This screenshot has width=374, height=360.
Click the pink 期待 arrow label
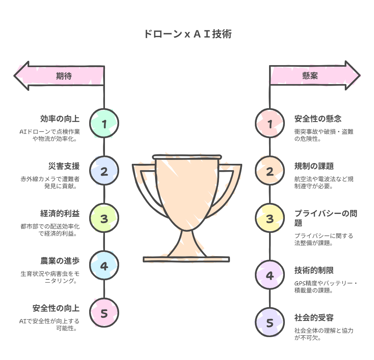tap(63, 75)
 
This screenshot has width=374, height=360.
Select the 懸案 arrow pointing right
tap(312, 75)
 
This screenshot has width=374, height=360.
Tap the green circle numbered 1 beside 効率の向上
tap(104, 124)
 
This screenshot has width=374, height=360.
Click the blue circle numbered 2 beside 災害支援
tap(104, 171)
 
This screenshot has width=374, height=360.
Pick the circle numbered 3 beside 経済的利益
tap(104, 219)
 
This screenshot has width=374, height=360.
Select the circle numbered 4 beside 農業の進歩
tap(104, 266)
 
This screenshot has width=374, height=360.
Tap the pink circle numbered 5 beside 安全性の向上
tap(104, 313)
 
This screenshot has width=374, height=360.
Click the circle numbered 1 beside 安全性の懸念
tap(270, 124)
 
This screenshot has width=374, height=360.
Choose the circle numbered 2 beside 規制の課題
tap(270, 171)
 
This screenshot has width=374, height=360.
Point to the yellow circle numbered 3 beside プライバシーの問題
tap(270, 219)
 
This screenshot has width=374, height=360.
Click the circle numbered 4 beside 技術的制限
tap(270, 275)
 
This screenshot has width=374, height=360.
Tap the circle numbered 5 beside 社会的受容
tap(270, 323)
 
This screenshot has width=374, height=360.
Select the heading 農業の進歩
tap(60, 261)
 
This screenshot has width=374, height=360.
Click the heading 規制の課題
tap(314, 166)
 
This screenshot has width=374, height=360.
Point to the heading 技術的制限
tap(314, 270)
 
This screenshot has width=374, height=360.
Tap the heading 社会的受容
tap(314, 318)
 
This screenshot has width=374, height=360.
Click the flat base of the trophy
tap(186, 259)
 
